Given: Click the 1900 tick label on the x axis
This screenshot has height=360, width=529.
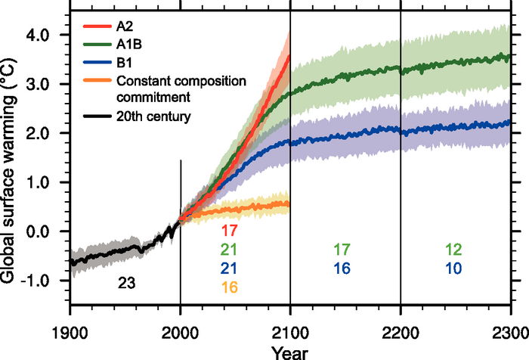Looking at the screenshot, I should point(70,331).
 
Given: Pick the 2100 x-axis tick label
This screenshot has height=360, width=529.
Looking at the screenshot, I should point(290,331).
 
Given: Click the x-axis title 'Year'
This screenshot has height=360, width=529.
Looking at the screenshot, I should point(290,351).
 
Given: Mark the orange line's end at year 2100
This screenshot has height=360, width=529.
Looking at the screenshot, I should point(289,203).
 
